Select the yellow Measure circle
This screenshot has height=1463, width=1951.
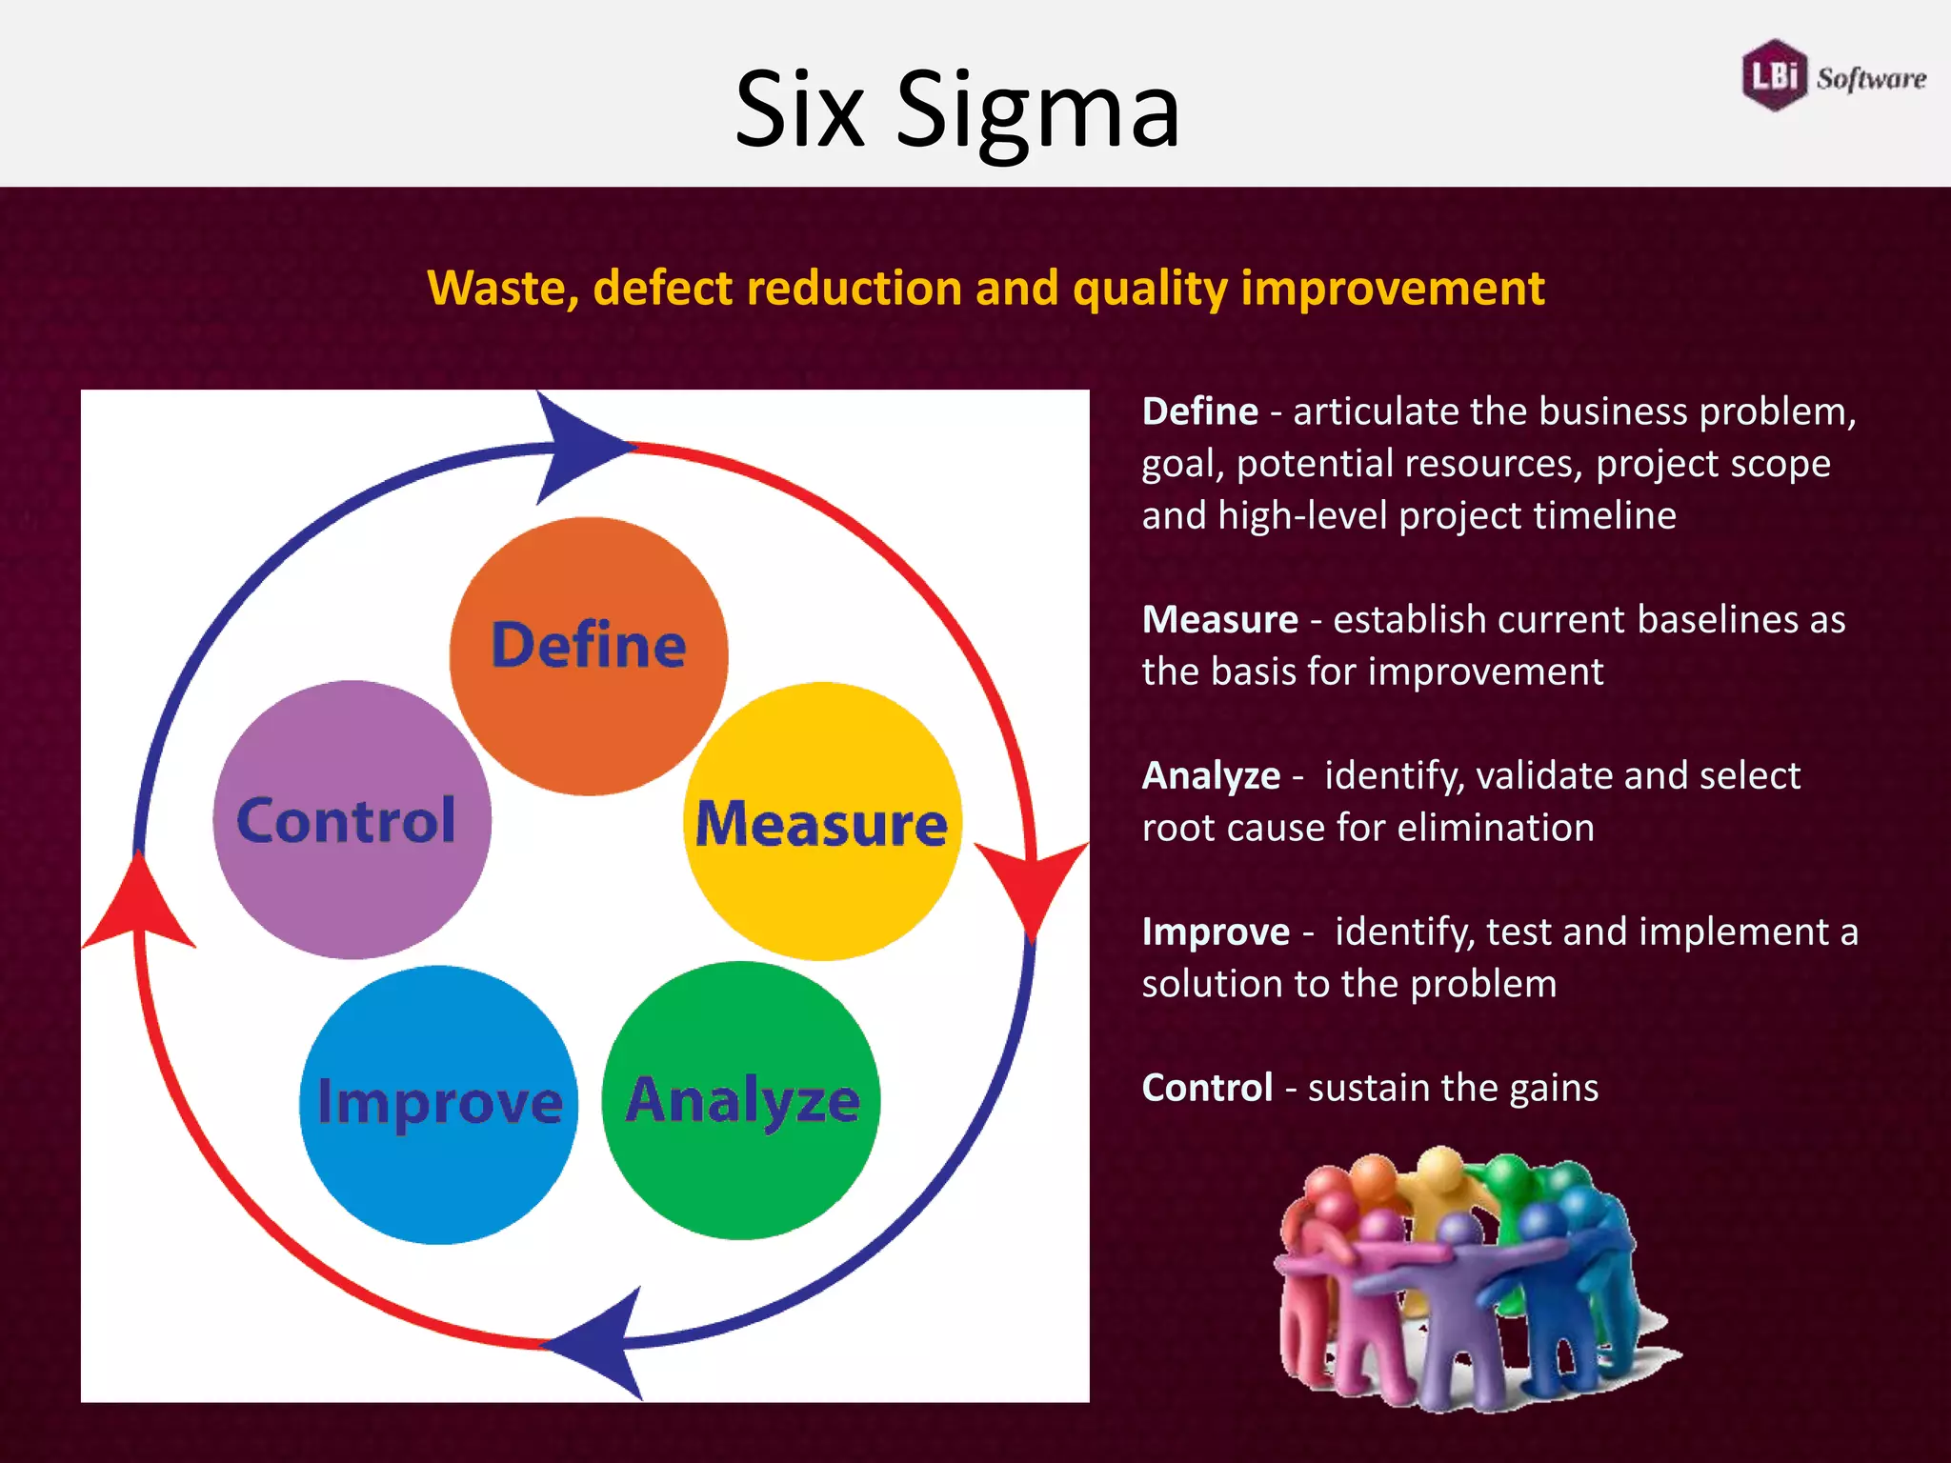822,821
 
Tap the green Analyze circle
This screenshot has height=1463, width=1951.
741,1100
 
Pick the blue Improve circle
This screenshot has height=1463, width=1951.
438,1105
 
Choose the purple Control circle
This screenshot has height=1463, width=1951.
352,819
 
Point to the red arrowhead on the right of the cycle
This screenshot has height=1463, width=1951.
1031,881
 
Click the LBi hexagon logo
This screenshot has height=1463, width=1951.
1774,74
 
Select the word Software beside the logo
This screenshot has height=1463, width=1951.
1871,78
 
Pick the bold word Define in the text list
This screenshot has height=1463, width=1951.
1199,411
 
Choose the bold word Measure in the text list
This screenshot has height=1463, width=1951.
1219,620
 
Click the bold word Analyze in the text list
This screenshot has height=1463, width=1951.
1211,776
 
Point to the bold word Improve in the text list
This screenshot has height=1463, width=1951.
1216,932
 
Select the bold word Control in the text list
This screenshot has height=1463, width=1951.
1207,1088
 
